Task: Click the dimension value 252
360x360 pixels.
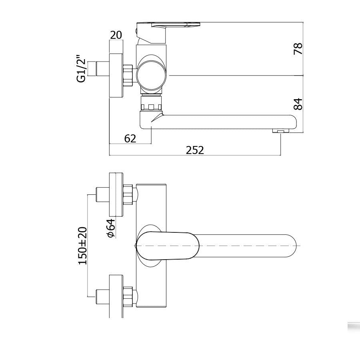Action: pos(195,150)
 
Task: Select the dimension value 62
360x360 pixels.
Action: pos(130,138)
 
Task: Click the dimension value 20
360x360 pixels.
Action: pos(116,35)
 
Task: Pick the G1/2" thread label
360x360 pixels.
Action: pos(81,70)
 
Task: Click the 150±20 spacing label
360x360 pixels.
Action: pos(83,245)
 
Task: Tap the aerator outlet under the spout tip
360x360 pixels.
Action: pos(280,131)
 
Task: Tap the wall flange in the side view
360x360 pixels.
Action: pos(117,75)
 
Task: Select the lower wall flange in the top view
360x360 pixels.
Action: pos(116,296)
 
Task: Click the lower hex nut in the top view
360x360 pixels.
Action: pos(128,296)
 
